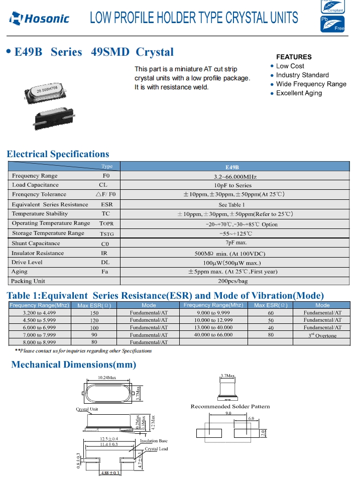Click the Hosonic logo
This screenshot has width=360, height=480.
[40, 20]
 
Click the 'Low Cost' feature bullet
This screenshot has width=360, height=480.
[290, 66]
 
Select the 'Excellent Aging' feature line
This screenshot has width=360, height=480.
[299, 93]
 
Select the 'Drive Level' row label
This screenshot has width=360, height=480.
[27, 262]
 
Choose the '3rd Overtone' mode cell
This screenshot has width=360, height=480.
[322, 335]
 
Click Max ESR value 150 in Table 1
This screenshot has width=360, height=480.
[94, 313]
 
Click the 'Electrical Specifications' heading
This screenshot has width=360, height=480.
[58, 154]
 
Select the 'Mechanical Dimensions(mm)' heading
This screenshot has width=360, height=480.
[73, 365]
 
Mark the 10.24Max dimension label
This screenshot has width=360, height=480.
[106, 378]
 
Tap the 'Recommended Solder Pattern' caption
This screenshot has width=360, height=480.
[230, 406]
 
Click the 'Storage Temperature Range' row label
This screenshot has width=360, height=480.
[48, 233]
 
